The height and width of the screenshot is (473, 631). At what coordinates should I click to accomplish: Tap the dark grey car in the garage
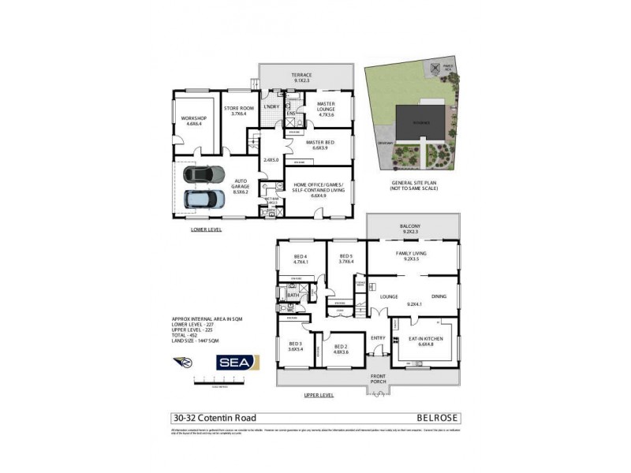pos(203,174)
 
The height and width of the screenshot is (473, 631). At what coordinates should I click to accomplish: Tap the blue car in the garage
pos(203,198)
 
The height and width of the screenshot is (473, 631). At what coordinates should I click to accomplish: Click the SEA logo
pos(239,362)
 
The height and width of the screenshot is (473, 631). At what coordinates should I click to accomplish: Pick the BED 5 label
pos(346,259)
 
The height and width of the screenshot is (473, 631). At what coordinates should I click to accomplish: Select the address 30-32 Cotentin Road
pos(214,418)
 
